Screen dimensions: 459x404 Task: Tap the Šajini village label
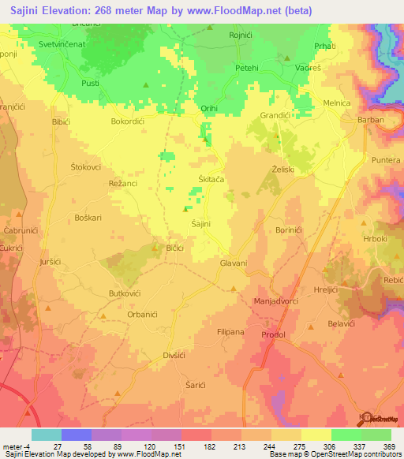tap(201, 225)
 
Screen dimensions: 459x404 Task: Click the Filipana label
tap(232, 332)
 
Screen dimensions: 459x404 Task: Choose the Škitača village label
tap(211, 180)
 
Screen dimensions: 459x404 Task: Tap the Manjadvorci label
tap(276, 302)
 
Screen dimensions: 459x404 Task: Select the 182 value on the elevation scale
tap(209, 446)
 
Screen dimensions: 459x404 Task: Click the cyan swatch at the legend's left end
tap(47, 435)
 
